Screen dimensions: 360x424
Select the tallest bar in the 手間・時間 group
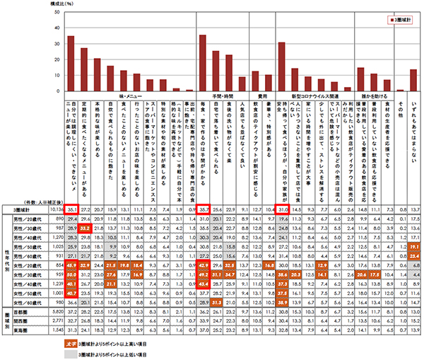pos(203,63)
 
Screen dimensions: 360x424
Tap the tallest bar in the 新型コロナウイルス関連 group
pos(282,66)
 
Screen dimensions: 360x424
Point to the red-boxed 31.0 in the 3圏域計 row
pos(281,210)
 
